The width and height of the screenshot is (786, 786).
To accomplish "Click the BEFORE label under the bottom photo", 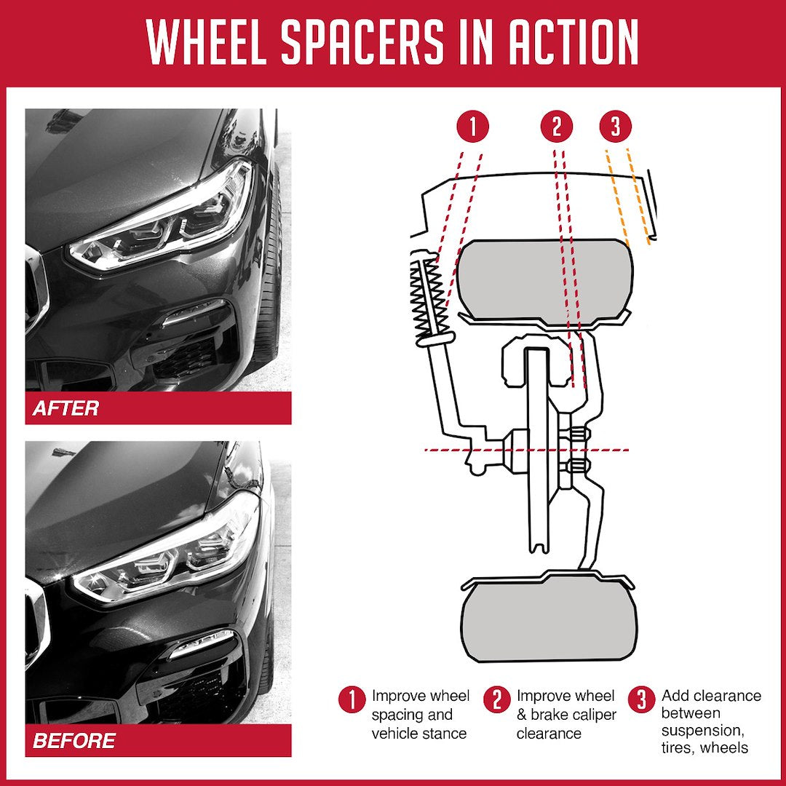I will pos(74,741).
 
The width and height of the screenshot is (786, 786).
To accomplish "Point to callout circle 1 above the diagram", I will pos(472,127).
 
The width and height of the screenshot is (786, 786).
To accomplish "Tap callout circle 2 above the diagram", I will pos(557,127).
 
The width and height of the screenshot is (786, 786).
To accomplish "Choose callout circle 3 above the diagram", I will pos(616,127).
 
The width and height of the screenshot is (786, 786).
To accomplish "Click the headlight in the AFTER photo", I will pos(167,218).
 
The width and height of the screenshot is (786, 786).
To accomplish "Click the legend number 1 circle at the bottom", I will pos(352,700).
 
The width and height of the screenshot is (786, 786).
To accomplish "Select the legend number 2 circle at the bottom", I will pos(497,700).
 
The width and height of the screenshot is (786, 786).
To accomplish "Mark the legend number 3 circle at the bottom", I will pos(642,700).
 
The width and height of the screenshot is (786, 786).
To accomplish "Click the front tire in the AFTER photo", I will pos(271,277).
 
